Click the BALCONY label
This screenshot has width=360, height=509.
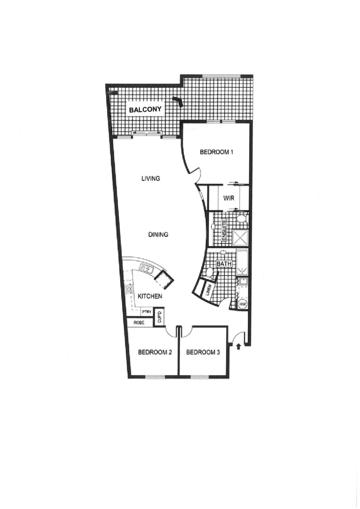146,110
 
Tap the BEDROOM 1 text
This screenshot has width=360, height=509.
217,152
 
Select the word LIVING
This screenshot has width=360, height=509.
151,179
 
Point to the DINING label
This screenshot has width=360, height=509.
158,234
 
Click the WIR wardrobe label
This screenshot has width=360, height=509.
229,198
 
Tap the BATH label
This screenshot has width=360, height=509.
224,264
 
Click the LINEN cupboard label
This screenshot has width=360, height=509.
209,290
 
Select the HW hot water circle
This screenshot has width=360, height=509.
243,304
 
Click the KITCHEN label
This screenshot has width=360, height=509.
150,296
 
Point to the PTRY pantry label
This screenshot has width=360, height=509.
146,312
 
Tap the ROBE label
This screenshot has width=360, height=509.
139,323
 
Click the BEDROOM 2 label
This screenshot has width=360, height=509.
154,352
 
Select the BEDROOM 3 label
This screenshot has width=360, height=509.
203,352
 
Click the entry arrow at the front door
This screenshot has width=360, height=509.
238,347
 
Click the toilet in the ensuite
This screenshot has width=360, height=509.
241,218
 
